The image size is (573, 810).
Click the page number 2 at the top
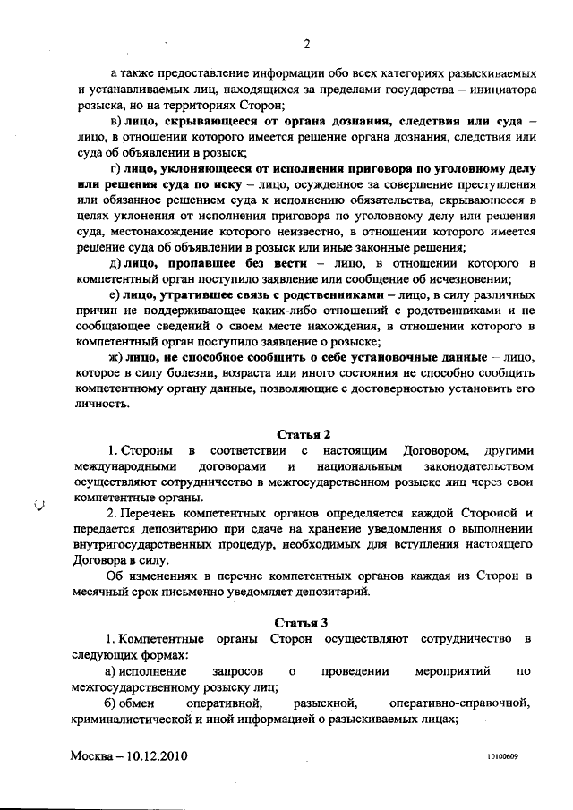pos(306,43)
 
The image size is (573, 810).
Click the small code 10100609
pos(505,756)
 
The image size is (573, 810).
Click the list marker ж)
pos(115,357)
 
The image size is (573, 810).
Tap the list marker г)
pos(115,170)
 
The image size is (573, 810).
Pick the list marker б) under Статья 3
pos(115,702)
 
